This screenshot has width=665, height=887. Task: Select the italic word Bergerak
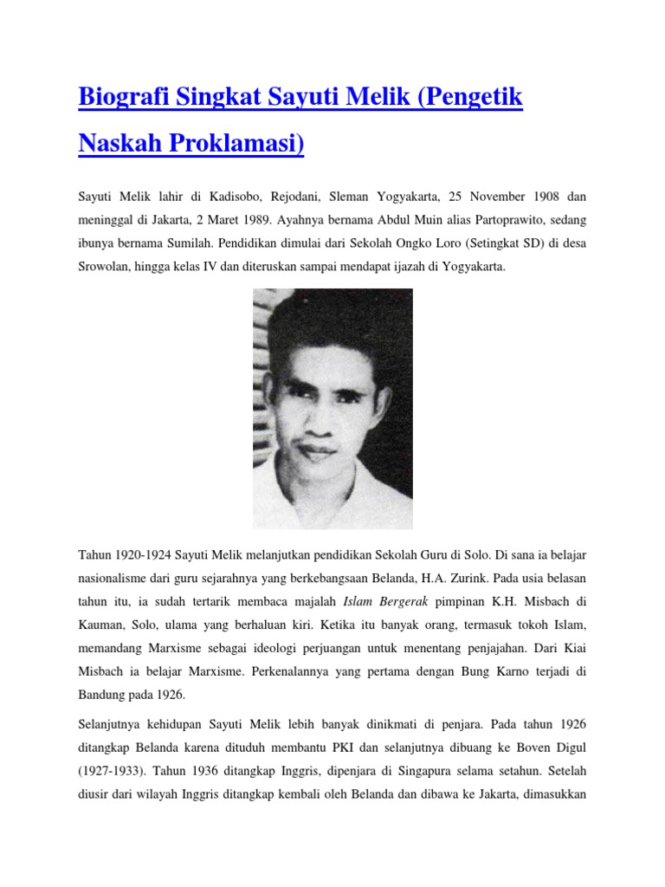tap(405, 599)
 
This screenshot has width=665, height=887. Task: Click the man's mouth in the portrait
tap(318, 450)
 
